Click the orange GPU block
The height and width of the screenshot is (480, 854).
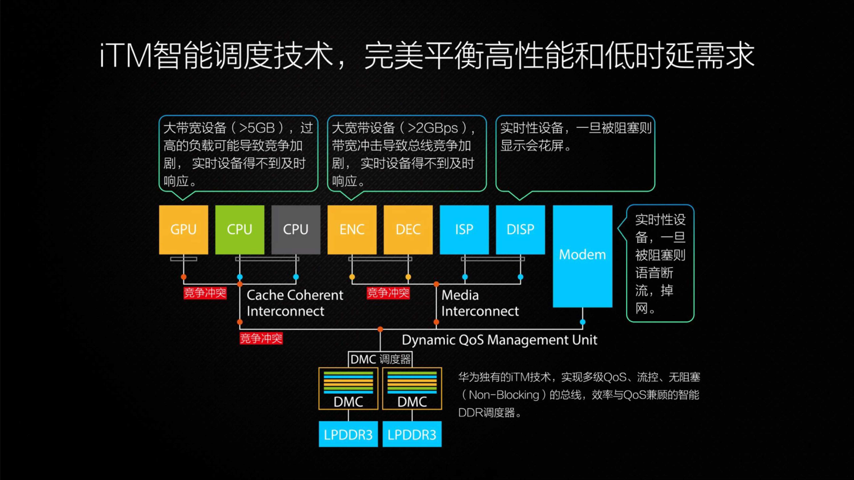pyautogui.click(x=183, y=230)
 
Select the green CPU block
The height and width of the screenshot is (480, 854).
pyautogui.click(x=239, y=230)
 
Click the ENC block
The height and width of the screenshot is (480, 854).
pyautogui.click(x=352, y=230)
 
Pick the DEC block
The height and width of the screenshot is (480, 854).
pyautogui.click(x=408, y=230)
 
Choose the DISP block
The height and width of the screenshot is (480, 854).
pyautogui.click(x=520, y=230)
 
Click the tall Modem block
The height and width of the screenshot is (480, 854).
pyautogui.click(x=582, y=255)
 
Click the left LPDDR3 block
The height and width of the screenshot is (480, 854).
pyautogui.click(x=348, y=434)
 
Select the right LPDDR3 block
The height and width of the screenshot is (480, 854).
pyautogui.click(x=412, y=434)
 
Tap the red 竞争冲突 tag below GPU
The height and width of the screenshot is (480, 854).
pyautogui.click(x=205, y=293)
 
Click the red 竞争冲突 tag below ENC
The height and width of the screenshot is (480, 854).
pyautogui.click(x=388, y=293)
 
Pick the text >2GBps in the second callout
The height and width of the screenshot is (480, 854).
pyautogui.click(x=433, y=128)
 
